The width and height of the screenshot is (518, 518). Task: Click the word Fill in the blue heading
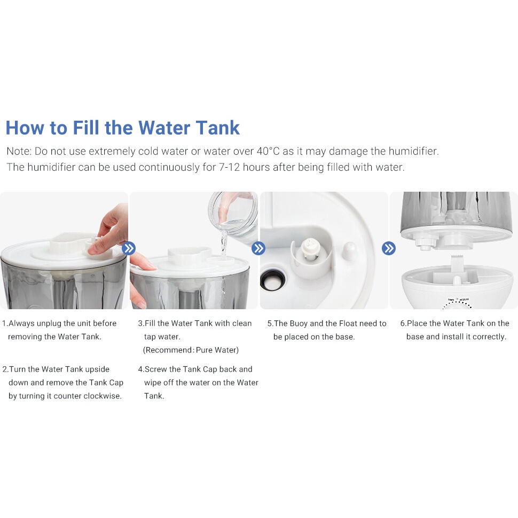(x=85, y=128)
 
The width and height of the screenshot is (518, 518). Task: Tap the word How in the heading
(x=25, y=128)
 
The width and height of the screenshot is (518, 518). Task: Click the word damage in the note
(x=348, y=151)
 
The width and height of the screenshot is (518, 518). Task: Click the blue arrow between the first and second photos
(x=129, y=248)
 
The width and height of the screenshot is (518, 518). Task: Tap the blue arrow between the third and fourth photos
(x=389, y=248)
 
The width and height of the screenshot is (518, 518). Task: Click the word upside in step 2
(x=97, y=370)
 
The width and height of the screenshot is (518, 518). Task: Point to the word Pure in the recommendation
(x=204, y=350)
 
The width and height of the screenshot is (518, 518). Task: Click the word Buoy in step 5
(x=299, y=324)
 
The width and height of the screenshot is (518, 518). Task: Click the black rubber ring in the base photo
(x=272, y=280)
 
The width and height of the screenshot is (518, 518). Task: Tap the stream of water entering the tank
(x=224, y=245)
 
